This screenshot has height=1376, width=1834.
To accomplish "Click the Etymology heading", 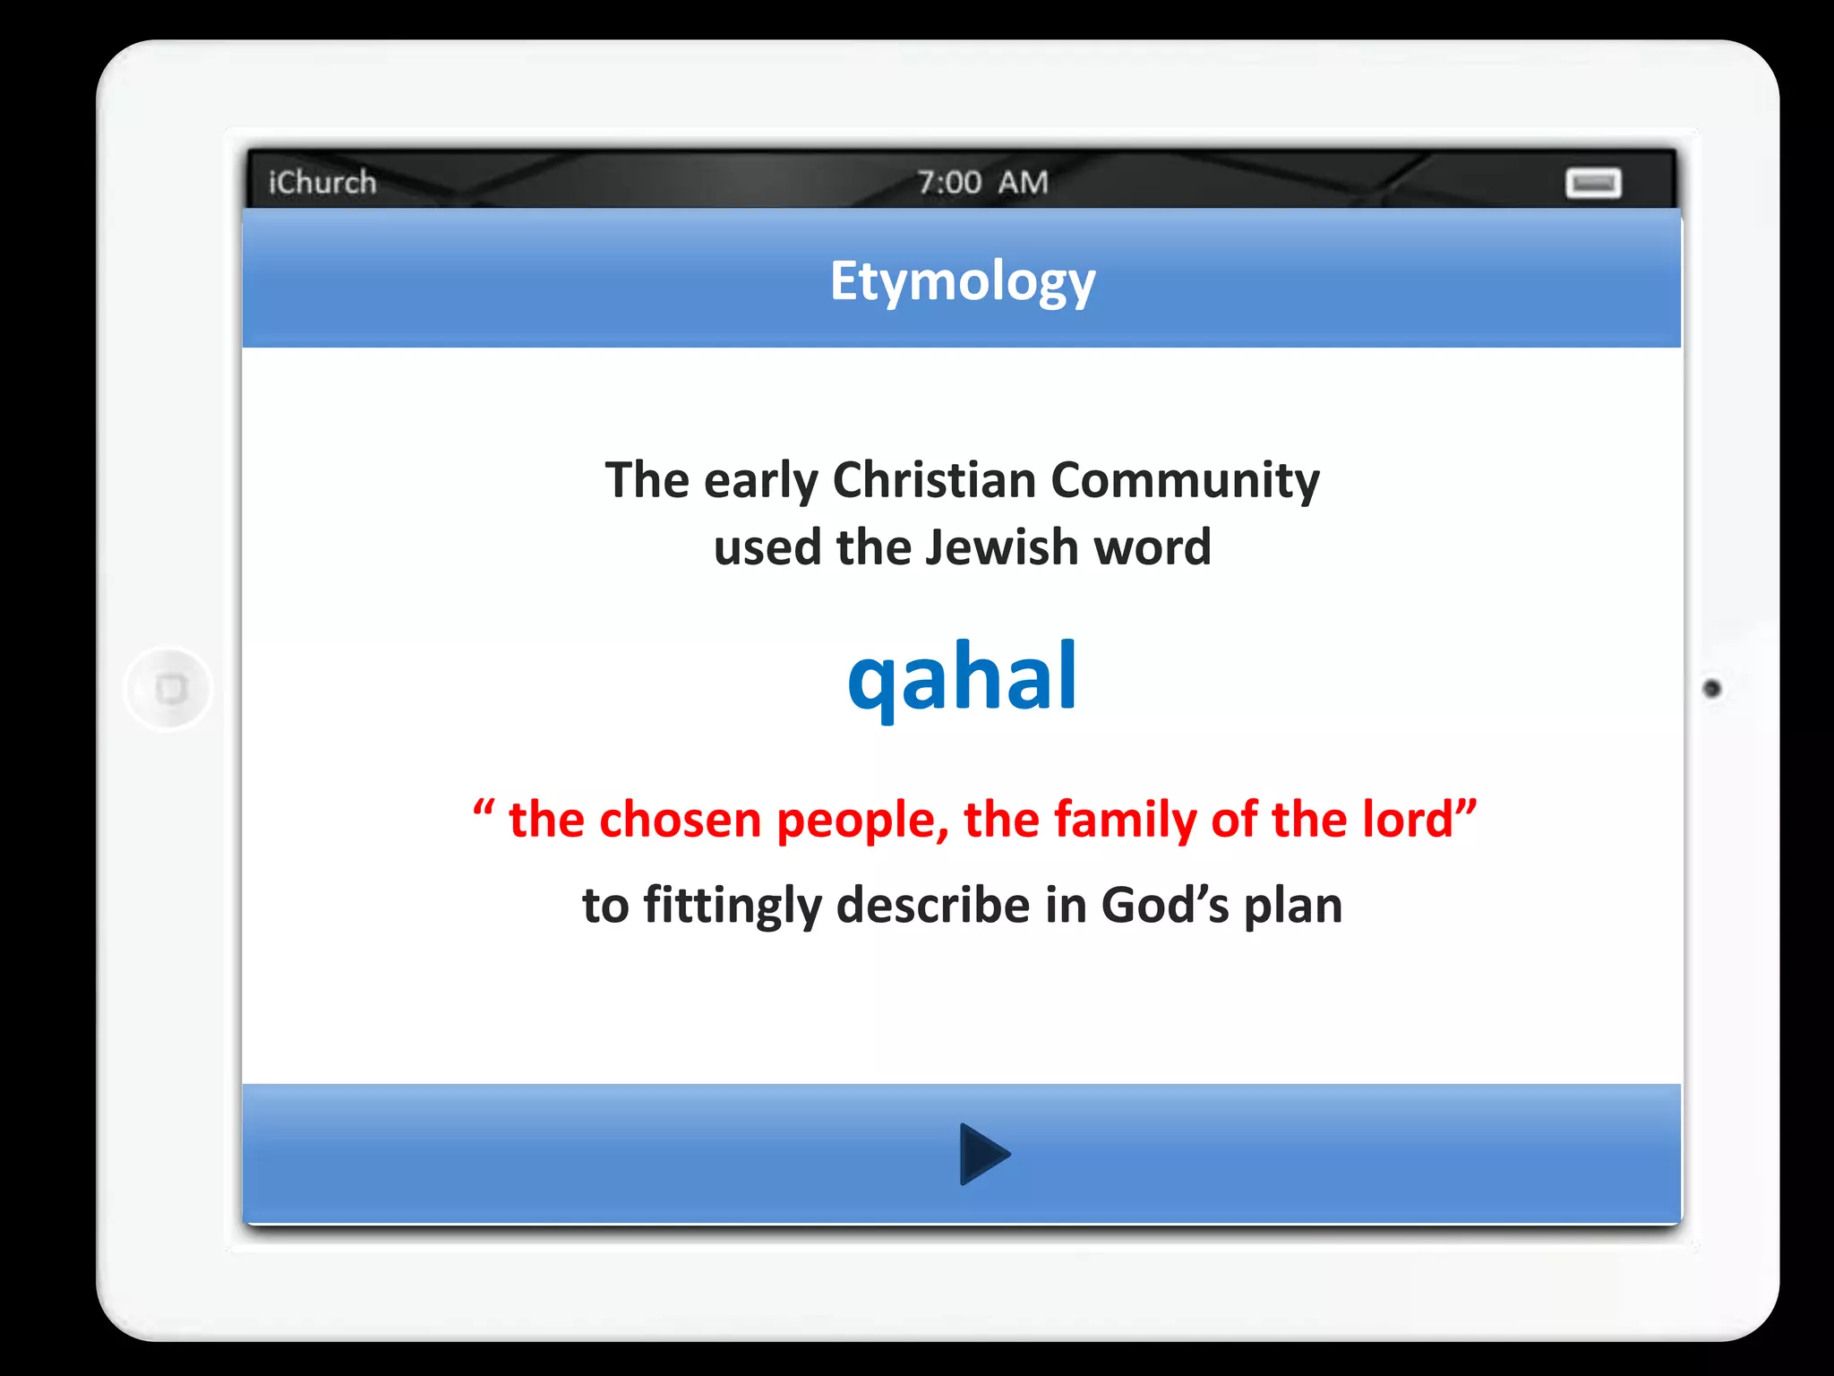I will coord(962,281).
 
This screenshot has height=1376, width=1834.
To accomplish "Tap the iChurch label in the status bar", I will coord(322,182).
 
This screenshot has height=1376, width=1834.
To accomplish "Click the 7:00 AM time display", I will coord(982,182).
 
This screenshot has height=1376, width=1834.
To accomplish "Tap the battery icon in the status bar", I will coord(1593,183).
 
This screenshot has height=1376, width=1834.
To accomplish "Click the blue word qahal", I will coord(962,677).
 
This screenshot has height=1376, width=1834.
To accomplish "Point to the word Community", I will coord(1185,480).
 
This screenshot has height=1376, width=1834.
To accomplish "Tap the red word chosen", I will coord(680,819).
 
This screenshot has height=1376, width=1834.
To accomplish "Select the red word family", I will coord(1125,819).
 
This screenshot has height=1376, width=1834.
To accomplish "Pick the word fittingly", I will coord(732,905).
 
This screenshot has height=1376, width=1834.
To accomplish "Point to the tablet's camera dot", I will coord(1711,688).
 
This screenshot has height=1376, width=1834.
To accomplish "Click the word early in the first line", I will coord(760,482).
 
